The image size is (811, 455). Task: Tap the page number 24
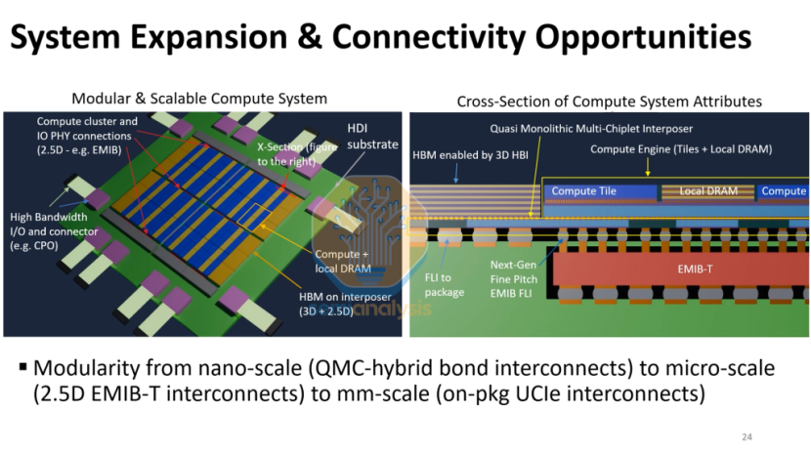point(747,436)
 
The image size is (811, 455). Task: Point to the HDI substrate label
point(372,137)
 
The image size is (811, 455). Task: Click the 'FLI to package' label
point(446,285)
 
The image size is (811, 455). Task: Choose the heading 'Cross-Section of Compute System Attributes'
point(609,102)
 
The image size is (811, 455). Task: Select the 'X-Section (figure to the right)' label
point(288,152)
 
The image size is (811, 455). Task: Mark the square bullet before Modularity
point(21,368)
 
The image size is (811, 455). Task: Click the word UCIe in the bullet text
point(575,395)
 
